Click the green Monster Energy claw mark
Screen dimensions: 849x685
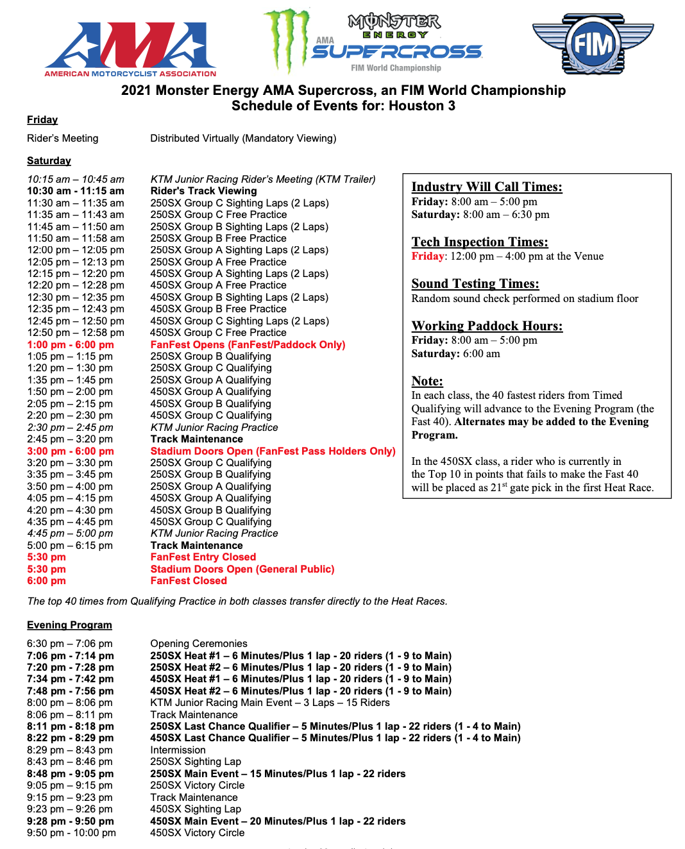pos(287,38)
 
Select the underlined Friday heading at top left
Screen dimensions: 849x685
pos(42,120)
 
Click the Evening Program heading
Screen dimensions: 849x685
pos(69,625)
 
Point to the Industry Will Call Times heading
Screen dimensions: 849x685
pos(486,187)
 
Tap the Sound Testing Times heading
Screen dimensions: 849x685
pos(475,283)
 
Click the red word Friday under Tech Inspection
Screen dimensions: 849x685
pos(428,256)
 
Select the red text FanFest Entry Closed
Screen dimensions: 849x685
pos(203,557)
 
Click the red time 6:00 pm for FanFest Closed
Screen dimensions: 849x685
pos(46,581)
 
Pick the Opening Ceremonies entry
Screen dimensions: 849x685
pos(198,644)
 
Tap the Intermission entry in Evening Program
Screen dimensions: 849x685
pos(178,750)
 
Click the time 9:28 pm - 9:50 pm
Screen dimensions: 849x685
pos(70,821)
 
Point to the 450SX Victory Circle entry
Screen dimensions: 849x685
pos(197,833)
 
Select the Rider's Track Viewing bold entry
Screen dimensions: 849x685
pos(203,191)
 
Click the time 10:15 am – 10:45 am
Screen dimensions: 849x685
pos(75,180)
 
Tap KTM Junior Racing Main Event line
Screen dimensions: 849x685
pos(269,703)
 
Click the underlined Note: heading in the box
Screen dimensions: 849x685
pos(427,382)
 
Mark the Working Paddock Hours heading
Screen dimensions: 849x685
pos(487,326)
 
